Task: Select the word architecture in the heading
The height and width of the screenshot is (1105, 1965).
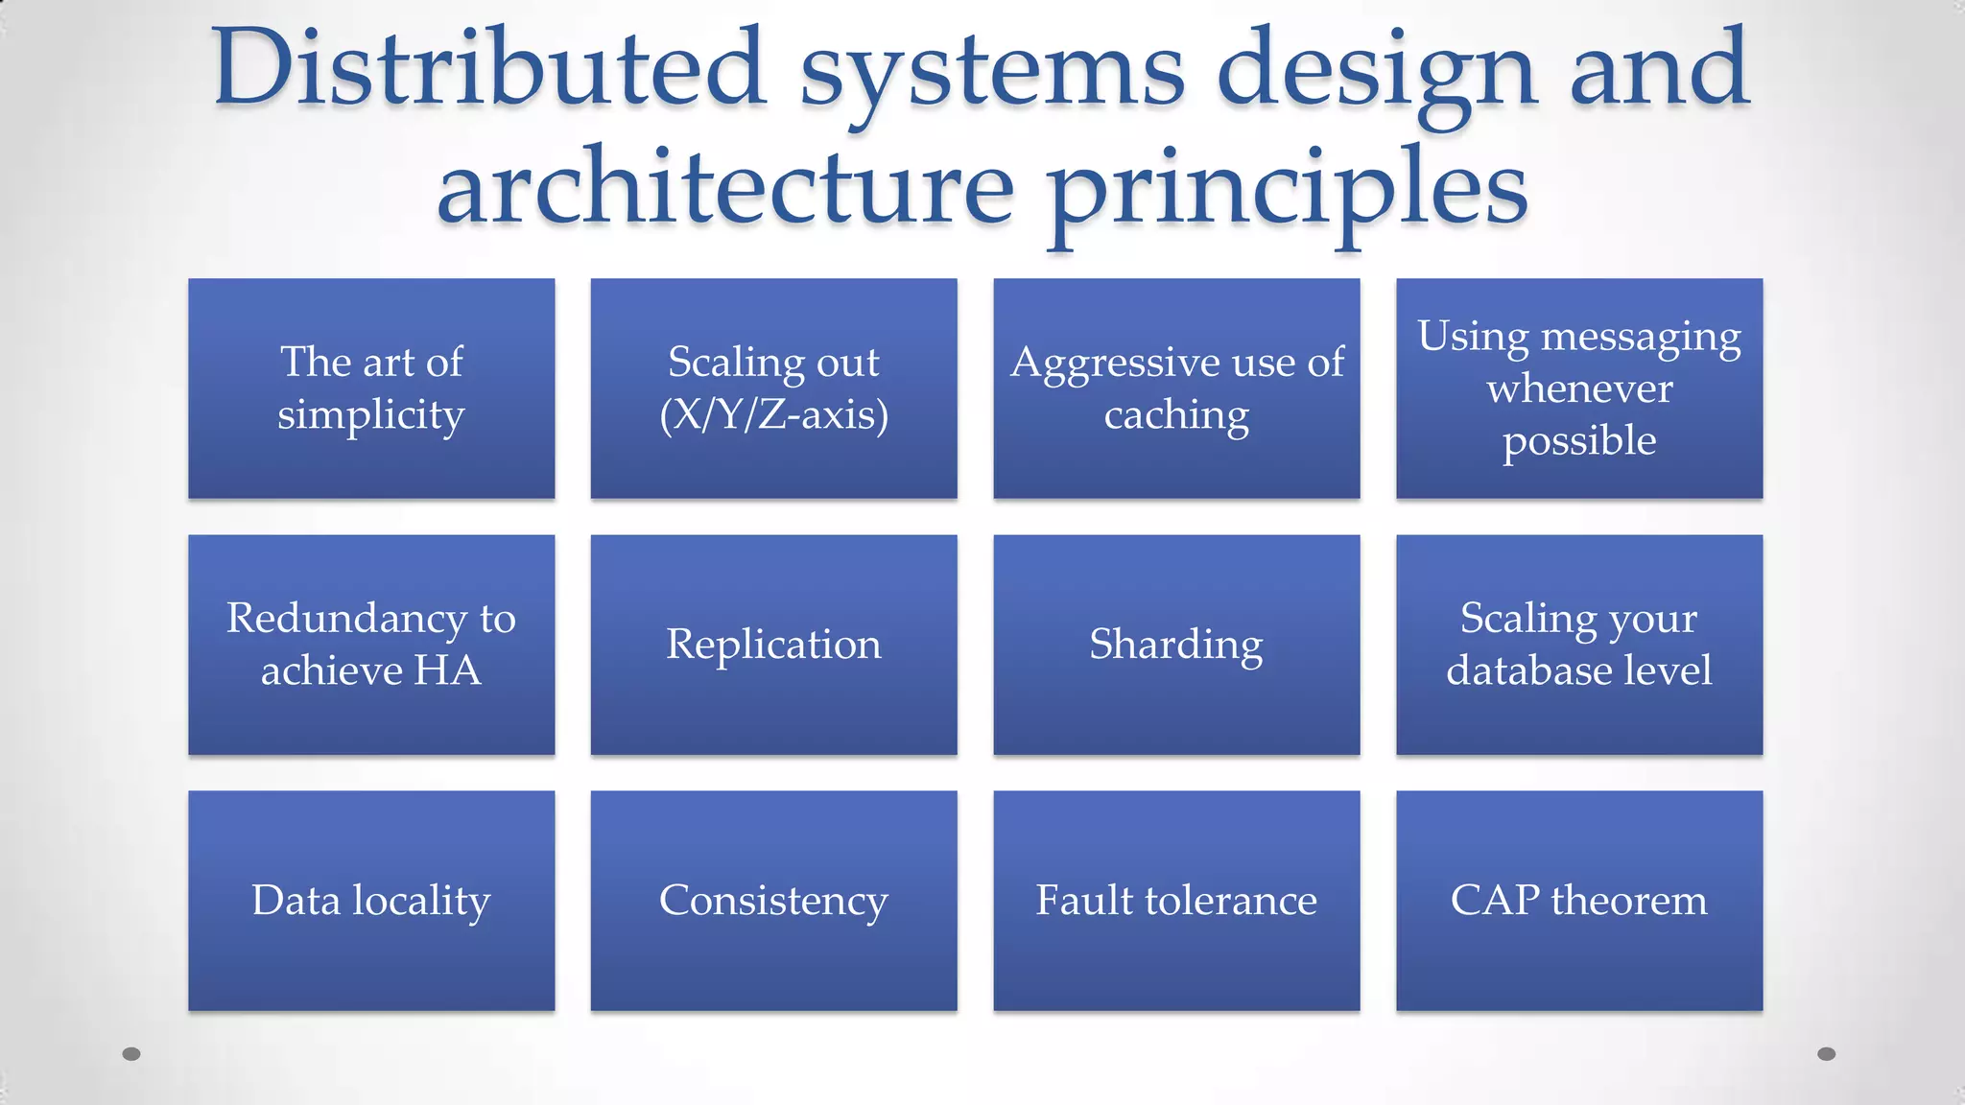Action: coord(725,188)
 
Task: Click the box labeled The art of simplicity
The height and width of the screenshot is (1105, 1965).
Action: coord(371,388)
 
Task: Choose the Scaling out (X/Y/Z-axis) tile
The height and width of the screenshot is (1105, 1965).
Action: coord(773,388)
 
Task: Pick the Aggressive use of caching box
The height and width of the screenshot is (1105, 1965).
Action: coord(1176,388)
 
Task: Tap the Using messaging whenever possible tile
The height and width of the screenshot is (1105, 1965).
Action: coord(1579,388)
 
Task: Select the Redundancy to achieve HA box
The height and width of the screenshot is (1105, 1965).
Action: coord(371,645)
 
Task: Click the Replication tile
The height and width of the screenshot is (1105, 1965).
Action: coord(773,645)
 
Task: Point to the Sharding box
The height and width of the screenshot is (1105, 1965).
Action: coord(1176,645)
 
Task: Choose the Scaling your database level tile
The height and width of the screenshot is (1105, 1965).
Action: coord(1579,645)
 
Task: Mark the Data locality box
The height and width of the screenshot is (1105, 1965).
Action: coord(371,901)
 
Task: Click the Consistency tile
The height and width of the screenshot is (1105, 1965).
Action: coord(773,901)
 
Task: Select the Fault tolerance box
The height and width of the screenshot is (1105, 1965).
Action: coord(1176,901)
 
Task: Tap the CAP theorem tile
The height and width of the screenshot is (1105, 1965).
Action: coord(1579,901)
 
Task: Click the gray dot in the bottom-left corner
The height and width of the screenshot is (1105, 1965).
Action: coord(131,1054)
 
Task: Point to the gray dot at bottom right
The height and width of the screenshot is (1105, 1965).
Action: coord(1827,1054)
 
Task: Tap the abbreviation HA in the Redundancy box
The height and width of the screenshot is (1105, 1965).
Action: coord(447,670)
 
